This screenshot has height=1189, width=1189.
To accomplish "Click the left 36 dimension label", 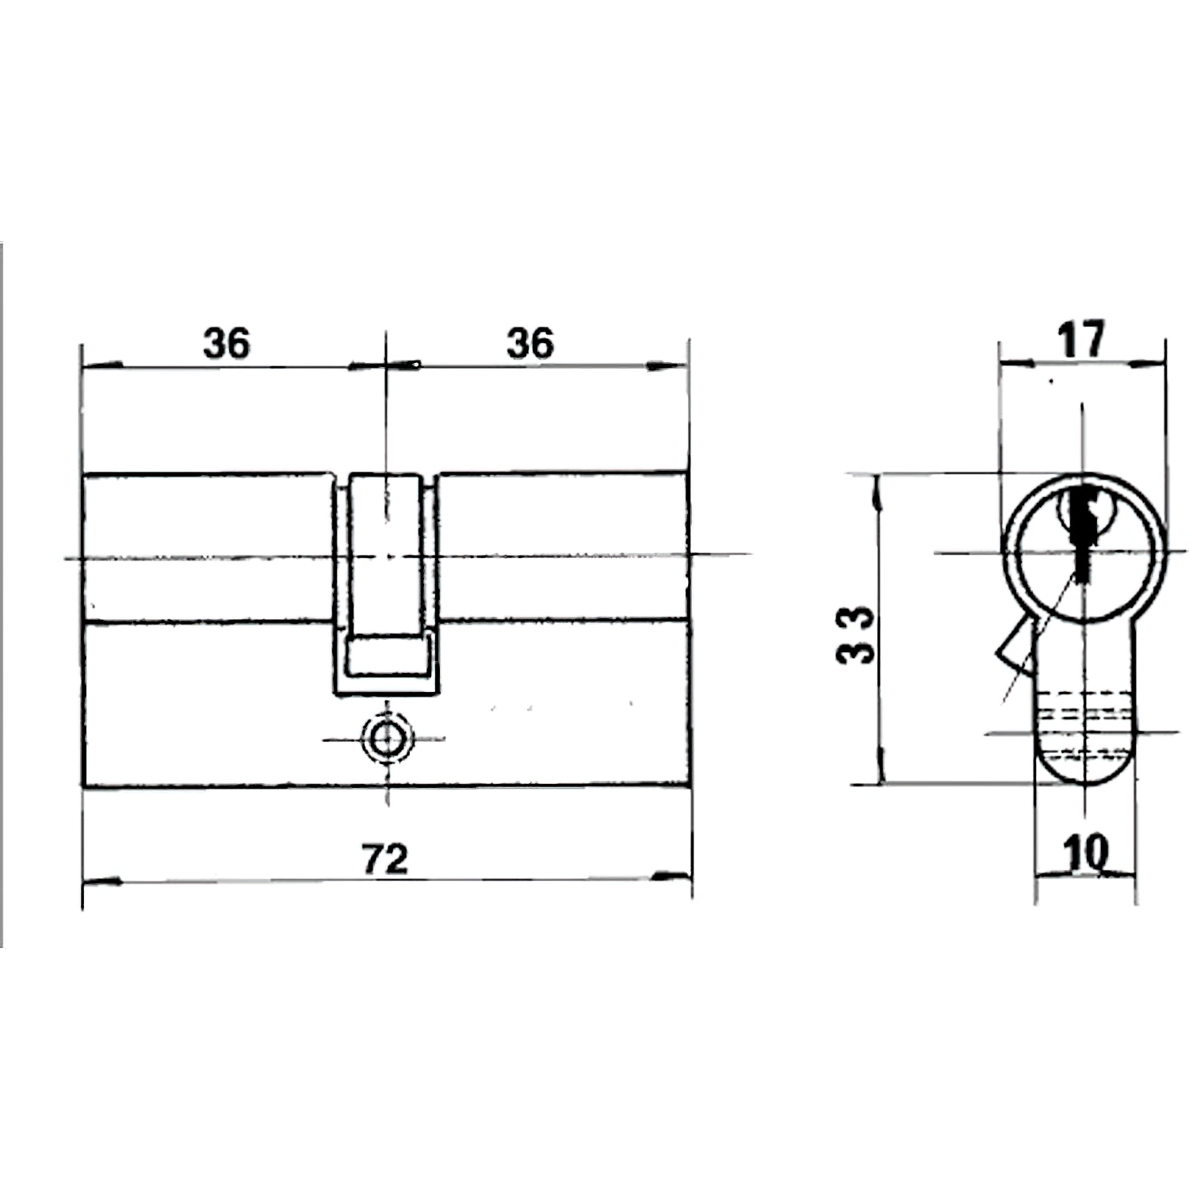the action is [227, 344].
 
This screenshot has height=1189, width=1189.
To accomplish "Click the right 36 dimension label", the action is [530, 344].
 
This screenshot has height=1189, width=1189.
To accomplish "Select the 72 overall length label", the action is [385, 859].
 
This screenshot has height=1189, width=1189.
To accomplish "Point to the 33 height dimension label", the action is [857, 634].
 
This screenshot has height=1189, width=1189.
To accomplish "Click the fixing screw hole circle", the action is [387, 739].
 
